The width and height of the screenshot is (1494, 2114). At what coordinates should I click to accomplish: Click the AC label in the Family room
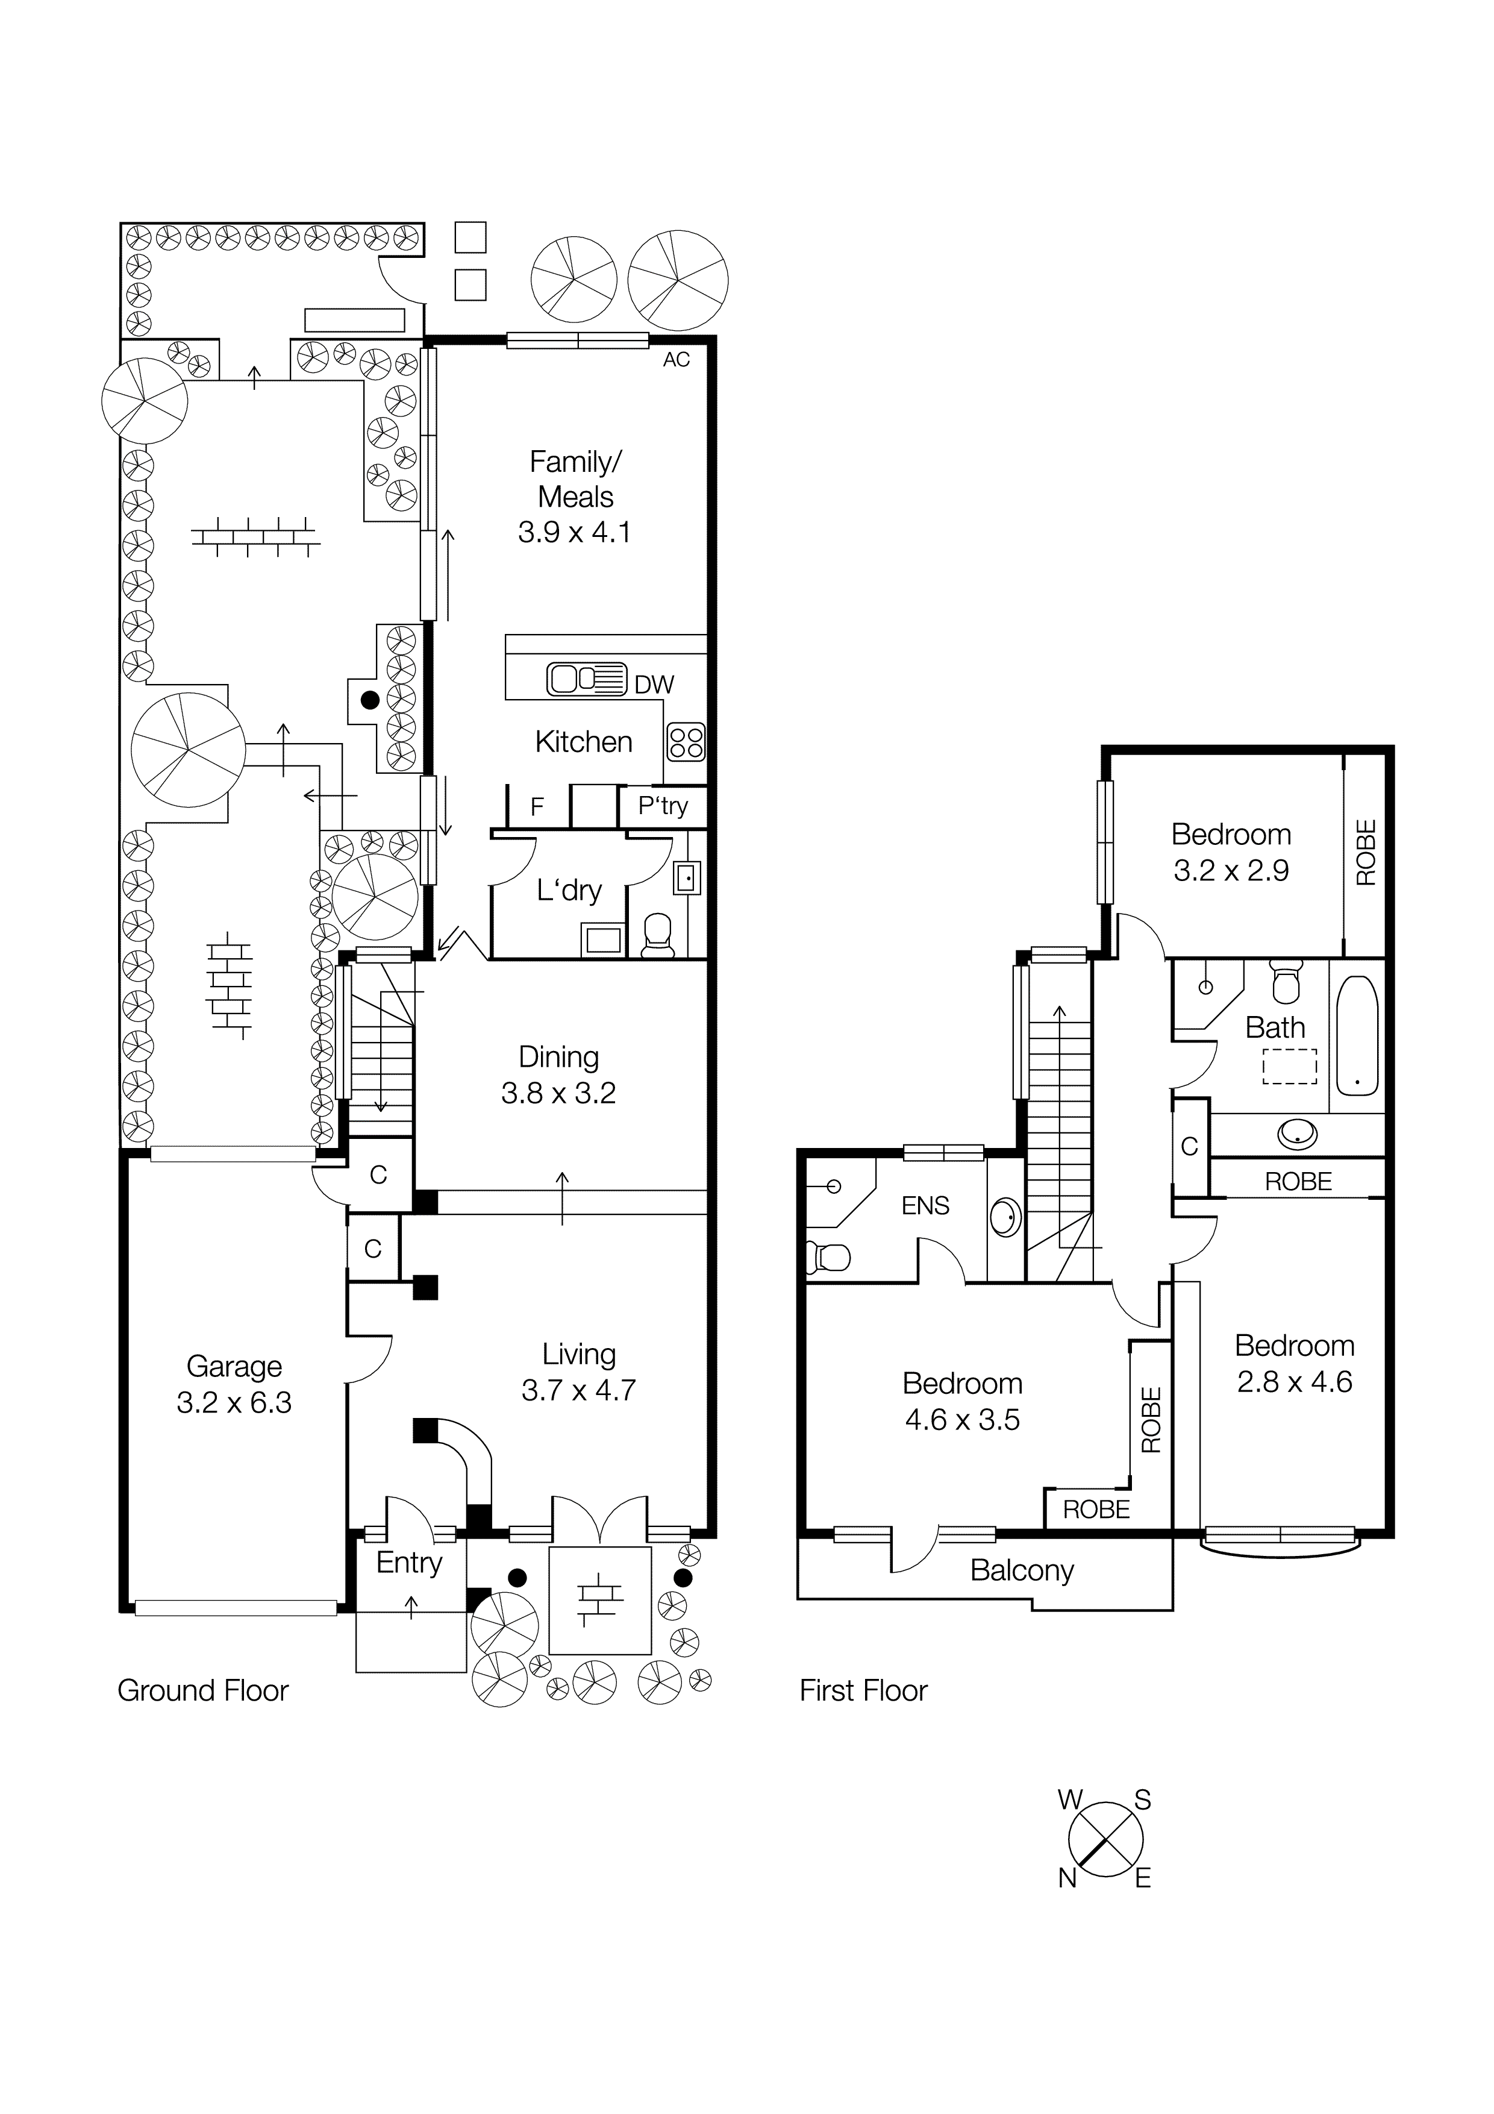[x=676, y=360]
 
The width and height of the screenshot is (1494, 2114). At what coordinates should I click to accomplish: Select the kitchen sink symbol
[x=586, y=680]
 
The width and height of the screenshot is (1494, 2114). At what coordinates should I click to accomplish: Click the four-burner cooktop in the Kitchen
[x=686, y=741]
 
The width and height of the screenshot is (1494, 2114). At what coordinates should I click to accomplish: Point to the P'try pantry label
[x=663, y=806]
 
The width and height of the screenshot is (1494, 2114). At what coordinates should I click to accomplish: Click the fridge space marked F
[x=537, y=808]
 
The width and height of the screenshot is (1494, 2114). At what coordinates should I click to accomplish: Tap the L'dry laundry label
[x=569, y=889]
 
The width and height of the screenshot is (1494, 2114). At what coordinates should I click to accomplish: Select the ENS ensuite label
[x=925, y=1205]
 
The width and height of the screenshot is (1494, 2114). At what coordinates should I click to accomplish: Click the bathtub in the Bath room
[x=1357, y=1036]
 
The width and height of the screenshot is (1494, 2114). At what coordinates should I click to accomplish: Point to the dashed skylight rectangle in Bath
[x=1290, y=1068]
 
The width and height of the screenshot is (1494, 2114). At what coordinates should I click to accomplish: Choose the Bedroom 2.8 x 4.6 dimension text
[x=1294, y=1382]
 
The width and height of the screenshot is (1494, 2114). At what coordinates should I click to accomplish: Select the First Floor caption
[x=863, y=1690]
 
